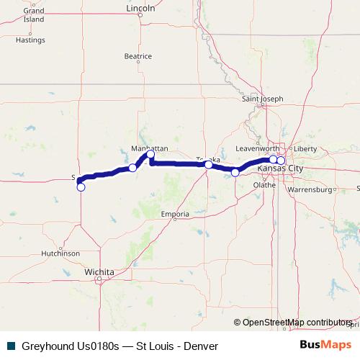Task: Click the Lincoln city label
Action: point(140,9)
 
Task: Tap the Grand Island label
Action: point(34,15)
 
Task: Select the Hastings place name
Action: point(30,40)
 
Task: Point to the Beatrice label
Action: point(138,55)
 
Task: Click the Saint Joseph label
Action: point(263,99)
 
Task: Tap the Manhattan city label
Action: point(149,147)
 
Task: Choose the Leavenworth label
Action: point(257,148)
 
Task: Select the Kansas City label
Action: point(285,168)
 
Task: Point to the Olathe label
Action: point(264,184)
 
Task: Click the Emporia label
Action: point(175,214)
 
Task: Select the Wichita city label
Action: point(99,272)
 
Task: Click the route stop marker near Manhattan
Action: point(150,155)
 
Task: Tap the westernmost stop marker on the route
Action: point(81,187)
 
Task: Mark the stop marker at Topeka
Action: point(208,165)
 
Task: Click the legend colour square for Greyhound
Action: point(10,346)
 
